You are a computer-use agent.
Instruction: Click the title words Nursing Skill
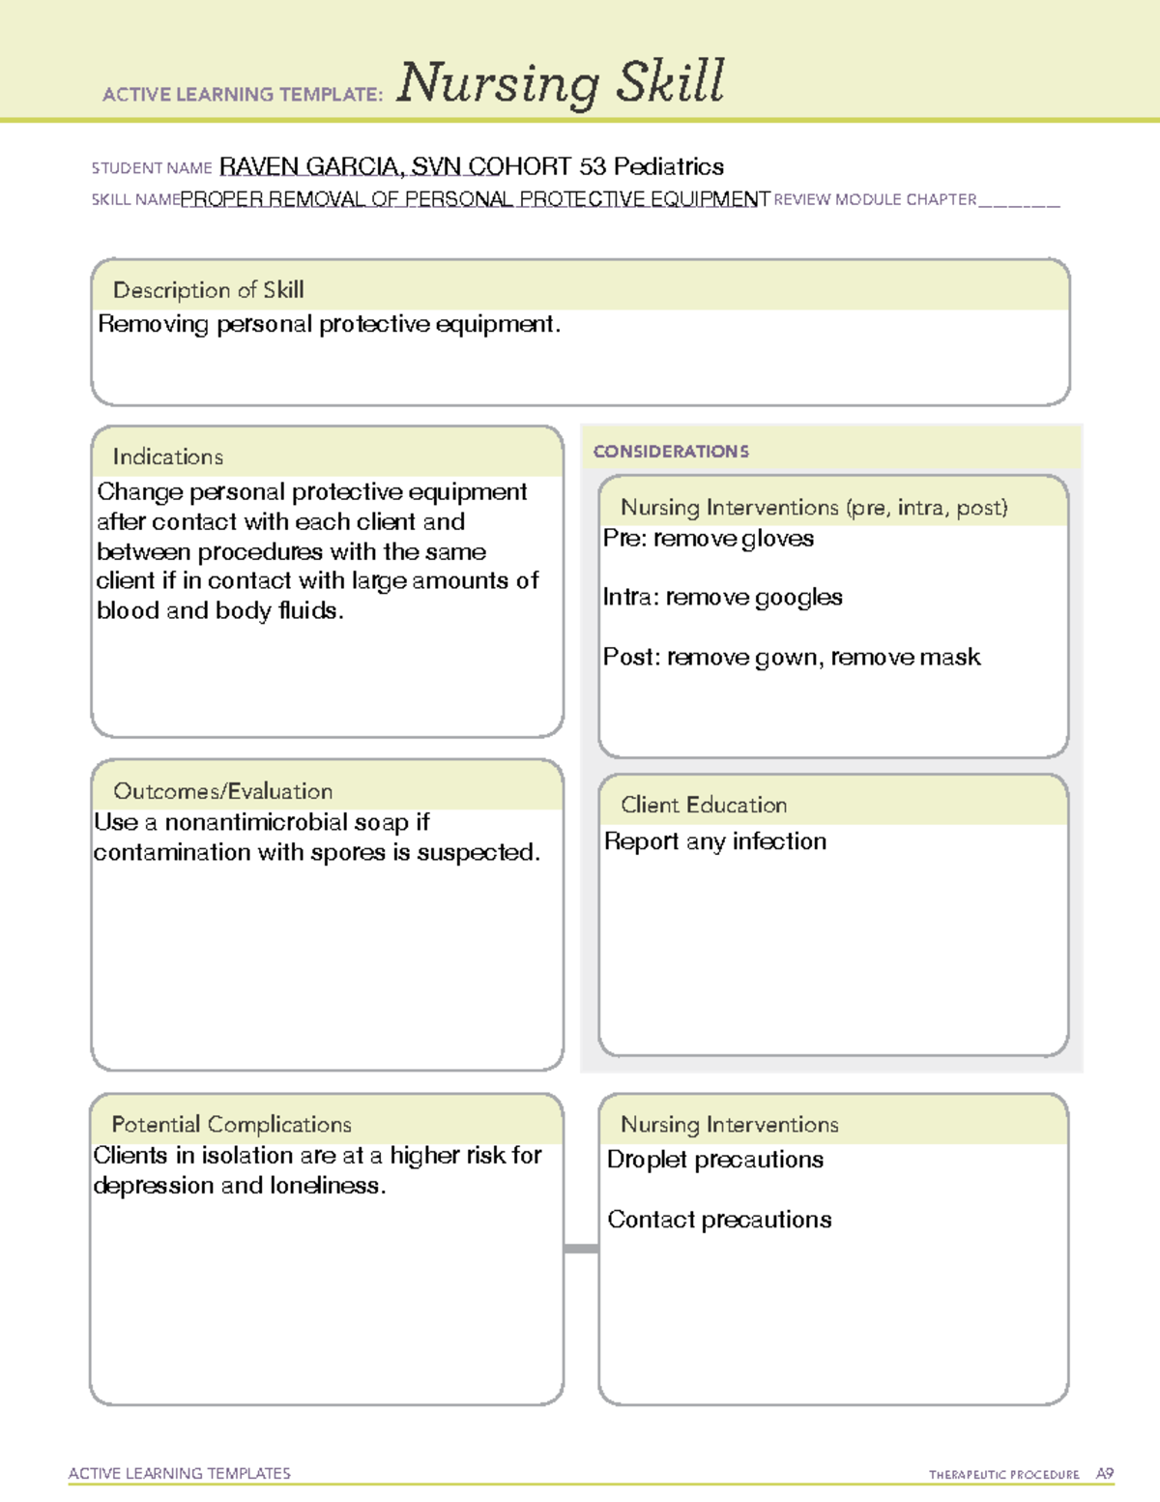coord(560,83)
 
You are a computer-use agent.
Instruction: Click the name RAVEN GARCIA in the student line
coord(309,166)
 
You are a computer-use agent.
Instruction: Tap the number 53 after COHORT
coord(593,166)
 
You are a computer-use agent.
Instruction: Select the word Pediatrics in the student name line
coord(668,166)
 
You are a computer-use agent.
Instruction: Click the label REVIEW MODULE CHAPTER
coord(875,199)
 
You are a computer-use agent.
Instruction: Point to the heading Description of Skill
coord(208,290)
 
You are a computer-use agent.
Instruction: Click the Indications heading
coord(167,456)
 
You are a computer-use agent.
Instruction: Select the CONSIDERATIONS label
coord(671,452)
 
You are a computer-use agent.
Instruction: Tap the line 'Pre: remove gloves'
coord(708,539)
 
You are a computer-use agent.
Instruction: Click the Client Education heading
coord(703,805)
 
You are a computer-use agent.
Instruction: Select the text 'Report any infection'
coord(714,841)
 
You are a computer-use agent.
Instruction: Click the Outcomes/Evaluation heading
coord(222,791)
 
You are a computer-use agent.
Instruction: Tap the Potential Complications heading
coord(231,1125)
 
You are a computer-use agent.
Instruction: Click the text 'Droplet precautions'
coord(714,1160)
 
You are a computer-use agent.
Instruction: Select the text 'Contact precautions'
coord(718,1220)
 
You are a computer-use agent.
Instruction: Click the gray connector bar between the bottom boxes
coord(581,1249)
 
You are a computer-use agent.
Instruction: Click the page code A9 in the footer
coord(1104,1474)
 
